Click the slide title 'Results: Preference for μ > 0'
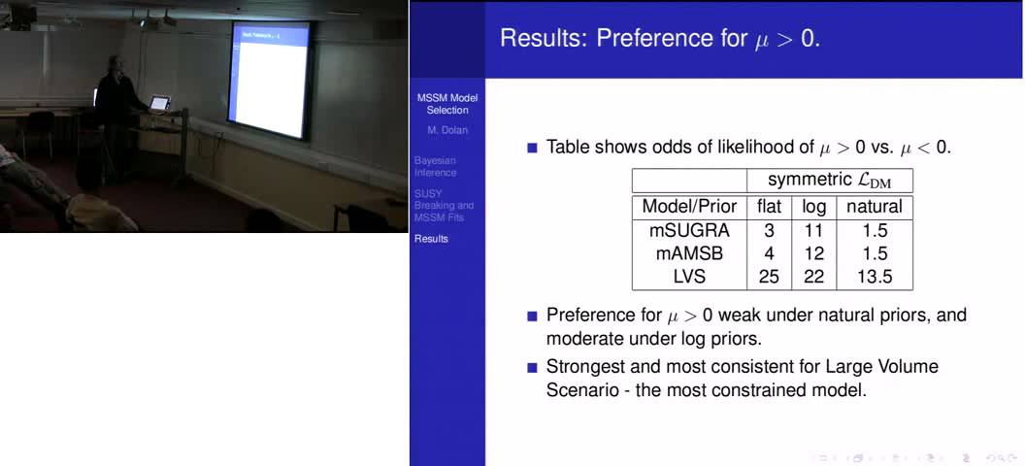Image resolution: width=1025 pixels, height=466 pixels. click(x=659, y=39)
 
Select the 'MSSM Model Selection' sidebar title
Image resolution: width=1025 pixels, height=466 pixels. click(x=446, y=104)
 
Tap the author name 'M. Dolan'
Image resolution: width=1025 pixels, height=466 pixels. click(x=446, y=129)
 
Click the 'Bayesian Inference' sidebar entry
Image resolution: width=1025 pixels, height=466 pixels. click(x=435, y=166)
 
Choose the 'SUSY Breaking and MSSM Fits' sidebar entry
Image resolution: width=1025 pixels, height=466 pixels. click(x=444, y=205)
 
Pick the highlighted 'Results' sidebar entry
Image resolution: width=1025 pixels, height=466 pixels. click(x=431, y=238)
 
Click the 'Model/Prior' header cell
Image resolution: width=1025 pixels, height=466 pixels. click(x=689, y=206)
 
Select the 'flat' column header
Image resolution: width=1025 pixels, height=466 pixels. click(x=769, y=206)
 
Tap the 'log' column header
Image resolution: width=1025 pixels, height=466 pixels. click(x=813, y=206)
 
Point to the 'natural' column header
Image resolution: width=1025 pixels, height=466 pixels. click(x=874, y=206)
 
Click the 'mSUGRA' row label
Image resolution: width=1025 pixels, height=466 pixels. click(x=689, y=230)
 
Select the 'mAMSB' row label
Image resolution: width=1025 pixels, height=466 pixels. click(x=689, y=253)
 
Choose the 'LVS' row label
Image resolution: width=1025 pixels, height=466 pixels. click(x=689, y=278)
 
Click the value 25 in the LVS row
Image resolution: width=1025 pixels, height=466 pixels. click(x=769, y=278)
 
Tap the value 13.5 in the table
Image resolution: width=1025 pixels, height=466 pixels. click(x=874, y=278)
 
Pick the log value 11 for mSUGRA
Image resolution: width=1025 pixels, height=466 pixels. click(x=813, y=230)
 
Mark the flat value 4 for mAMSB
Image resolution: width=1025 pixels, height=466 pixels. click(x=769, y=253)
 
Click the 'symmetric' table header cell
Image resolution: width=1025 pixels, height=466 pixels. click(x=829, y=181)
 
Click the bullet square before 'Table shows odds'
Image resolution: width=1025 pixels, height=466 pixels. click(x=531, y=149)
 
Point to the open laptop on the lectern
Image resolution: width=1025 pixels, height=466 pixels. click(x=159, y=101)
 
